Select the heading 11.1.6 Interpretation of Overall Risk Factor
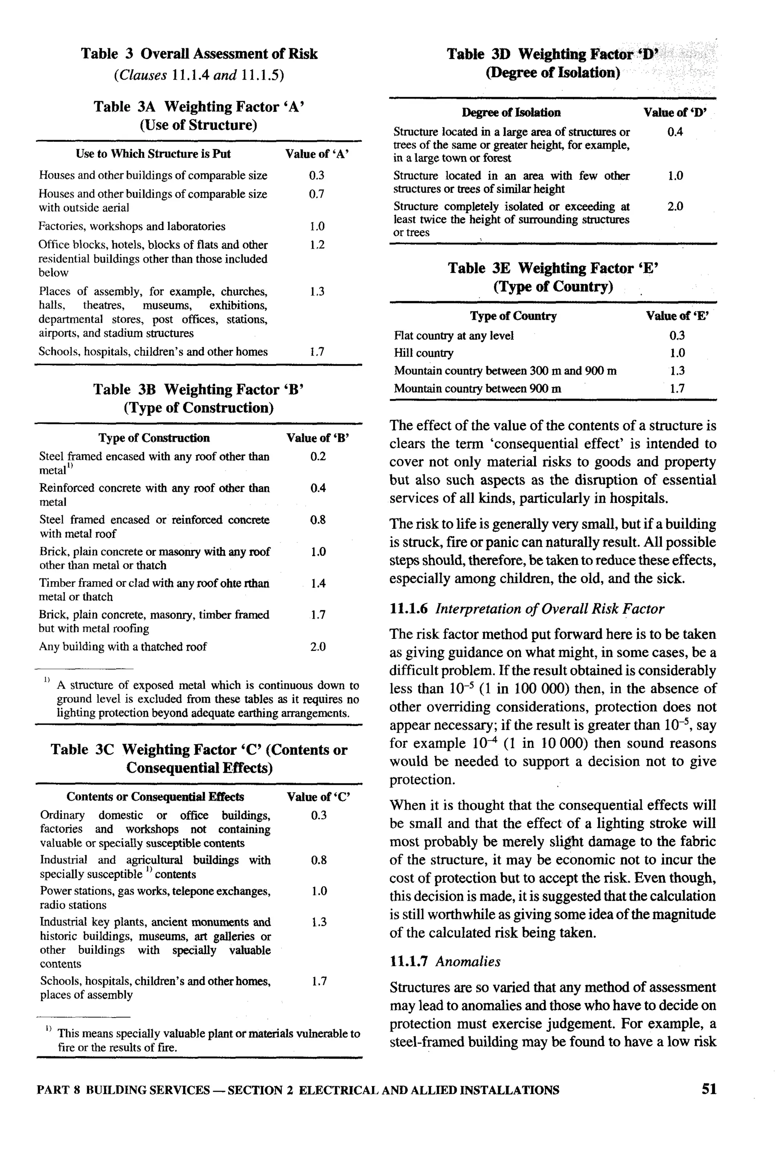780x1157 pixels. pyautogui.click(x=527, y=609)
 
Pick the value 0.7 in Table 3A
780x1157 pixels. pyautogui.click(x=316, y=194)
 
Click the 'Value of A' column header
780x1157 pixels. pyautogui.click(x=317, y=154)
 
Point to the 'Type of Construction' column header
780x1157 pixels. pyautogui.click(x=154, y=438)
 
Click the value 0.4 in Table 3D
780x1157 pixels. pyautogui.click(x=675, y=132)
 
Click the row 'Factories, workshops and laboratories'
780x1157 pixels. pyautogui.click(x=132, y=226)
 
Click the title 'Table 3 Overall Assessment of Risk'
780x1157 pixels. pyautogui.click(x=199, y=54)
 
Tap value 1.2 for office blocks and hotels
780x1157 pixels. pyautogui.click(x=316, y=245)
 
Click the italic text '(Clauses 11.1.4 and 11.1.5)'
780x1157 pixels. pyautogui.click(x=199, y=75)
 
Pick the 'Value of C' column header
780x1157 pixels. pyautogui.click(x=318, y=797)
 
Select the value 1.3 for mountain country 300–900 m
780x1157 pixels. pyautogui.click(x=677, y=371)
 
